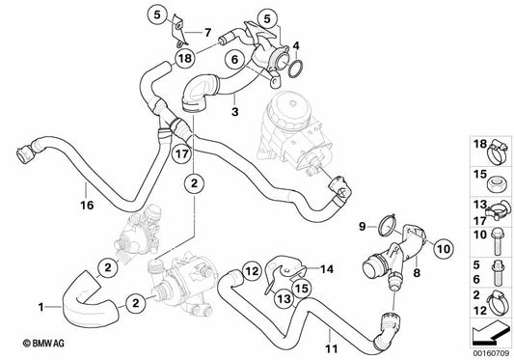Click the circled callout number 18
pyautogui.click(x=185, y=59)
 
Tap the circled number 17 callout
pyautogui.click(x=182, y=153)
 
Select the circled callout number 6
pyautogui.click(x=234, y=60)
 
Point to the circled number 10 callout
pyautogui.click(x=444, y=249)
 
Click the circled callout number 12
pyautogui.click(x=252, y=271)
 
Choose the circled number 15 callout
pyautogui.click(x=302, y=288)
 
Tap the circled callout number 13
pyautogui.click(x=284, y=298)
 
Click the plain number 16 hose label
pyautogui.click(x=87, y=206)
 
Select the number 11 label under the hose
pyautogui.click(x=332, y=348)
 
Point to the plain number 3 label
pyautogui.click(x=234, y=112)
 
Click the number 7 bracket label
pyautogui.click(x=208, y=33)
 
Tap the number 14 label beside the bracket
pyautogui.click(x=327, y=269)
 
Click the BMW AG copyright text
pyautogui.click(x=43, y=344)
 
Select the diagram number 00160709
pyautogui.click(x=491, y=354)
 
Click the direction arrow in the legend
pyautogui.click(x=490, y=335)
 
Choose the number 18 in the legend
pyautogui.click(x=480, y=144)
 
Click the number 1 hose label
pyautogui.click(x=41, y=307)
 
